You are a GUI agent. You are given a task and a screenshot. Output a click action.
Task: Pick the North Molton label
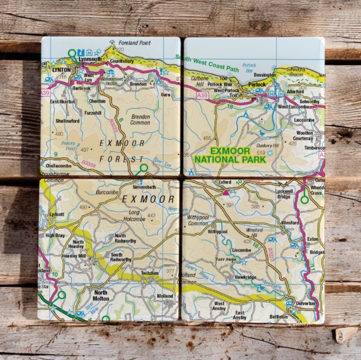pos(100,296)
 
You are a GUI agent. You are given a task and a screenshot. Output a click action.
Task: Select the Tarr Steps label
pos(226,260)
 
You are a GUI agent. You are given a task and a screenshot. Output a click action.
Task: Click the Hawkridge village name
pos(246,277)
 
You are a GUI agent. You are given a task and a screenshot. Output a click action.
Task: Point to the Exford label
pos(226,183)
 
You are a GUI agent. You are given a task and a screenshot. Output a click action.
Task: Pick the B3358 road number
pos(88,163)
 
